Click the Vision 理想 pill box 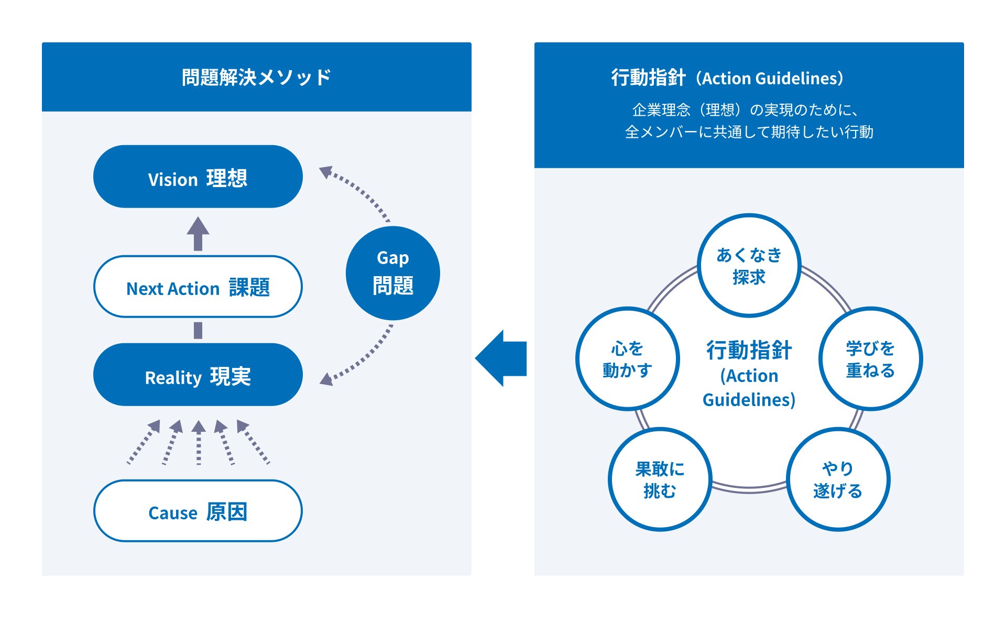[x=198, y=177]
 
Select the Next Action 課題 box [x=198, y=287]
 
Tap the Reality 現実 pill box [x=198, y=375]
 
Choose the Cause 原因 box [x=198, y=511]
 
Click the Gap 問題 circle [x=392, y=273]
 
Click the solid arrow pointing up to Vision [x=198, y=233]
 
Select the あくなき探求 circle [x=749, y=266]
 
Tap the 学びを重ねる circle [x=870, y=359]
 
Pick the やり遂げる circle [x=838, y=479]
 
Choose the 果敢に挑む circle [x=660, y=479]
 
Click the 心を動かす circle [x=627, y=359]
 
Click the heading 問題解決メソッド [x=256, y=77]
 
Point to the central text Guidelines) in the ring [x=749, y=400]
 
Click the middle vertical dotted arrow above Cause [x=199, y=443]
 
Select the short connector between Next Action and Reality [x=198, y=330]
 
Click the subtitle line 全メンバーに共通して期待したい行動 [x=749, y=132]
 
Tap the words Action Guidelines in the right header [x=772, y=79]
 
